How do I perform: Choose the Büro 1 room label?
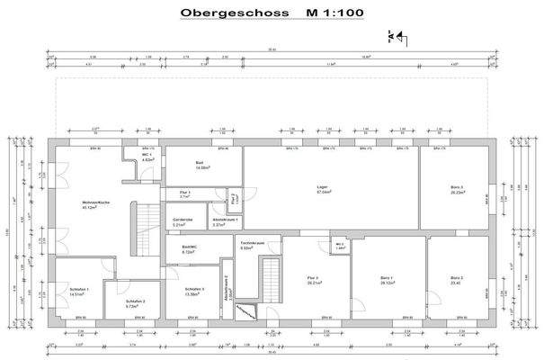pyautogui.click(x=388, y=279)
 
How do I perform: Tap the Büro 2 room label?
pyautogui.click(x=458, y=279)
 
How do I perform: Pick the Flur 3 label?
pyautogui.click(x=314, y=279)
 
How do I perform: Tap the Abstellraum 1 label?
pyautogui.click(x=224, y=222)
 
